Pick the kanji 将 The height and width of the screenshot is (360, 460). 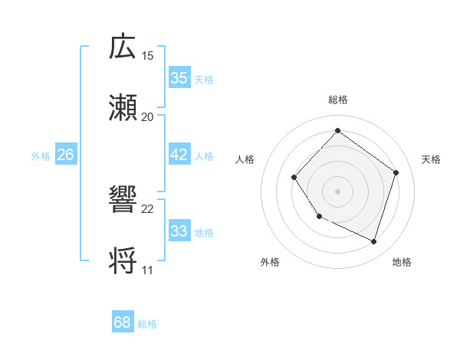(123, 260)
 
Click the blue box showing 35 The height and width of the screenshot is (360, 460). (179, 78)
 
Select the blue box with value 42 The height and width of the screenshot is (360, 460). (179, 155)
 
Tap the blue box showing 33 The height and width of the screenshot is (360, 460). (179, 231)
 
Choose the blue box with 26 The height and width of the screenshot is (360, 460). (65, 155)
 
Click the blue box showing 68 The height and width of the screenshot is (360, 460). (122, 322)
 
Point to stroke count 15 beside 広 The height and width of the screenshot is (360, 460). (147, 56)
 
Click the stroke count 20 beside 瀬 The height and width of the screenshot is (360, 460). (147, 117)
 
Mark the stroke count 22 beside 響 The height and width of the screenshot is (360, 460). (147, 208)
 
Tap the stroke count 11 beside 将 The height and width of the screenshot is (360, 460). (147, 270)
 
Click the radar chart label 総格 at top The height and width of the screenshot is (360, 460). (337, 100)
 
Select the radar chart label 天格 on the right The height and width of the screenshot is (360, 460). (431, 159)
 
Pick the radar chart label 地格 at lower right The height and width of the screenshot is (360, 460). (402, 262)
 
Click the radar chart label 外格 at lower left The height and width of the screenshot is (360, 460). (270, 262)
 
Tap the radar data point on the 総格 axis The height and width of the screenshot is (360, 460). (337, 130)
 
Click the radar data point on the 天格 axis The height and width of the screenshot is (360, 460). (396, 172)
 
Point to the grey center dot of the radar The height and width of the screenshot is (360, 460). (337, 191)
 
